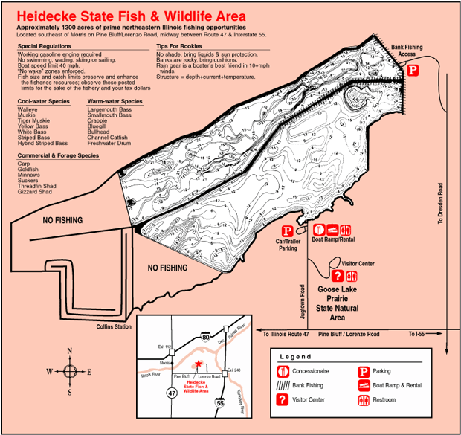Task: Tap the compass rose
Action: pyautogui.click(x=70, y=371)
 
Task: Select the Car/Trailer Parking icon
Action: pyautogui.click(x=286, y=231)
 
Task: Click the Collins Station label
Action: pyautogui.click(x=114, y=326)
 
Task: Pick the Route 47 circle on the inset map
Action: pyautogui.click(x=172, y=392)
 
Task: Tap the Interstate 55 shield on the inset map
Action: pyautogui.click(x=220, y=402)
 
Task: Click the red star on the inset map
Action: pyautogui.click(x=198, y=364)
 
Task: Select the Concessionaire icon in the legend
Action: pyautogui.click(x=283, y=370)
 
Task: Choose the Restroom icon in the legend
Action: pyautogui.click(x=364, y=399)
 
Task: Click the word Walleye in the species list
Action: pyautogui.click(x=28, y=109)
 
